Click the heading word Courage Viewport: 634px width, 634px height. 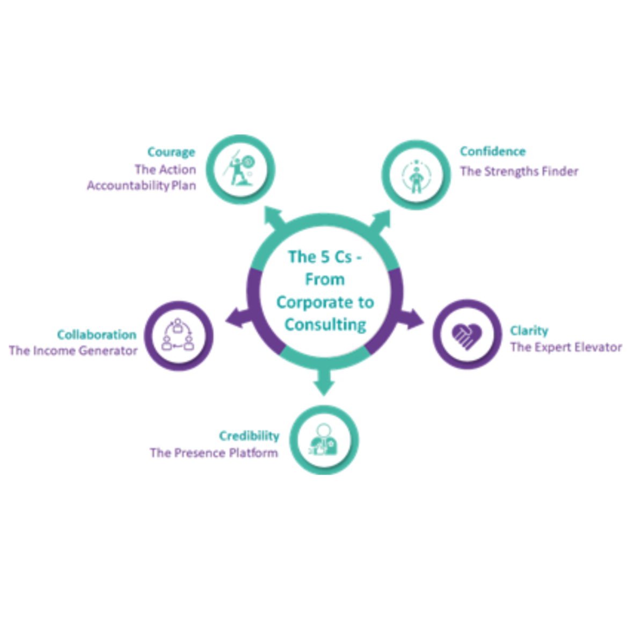171,152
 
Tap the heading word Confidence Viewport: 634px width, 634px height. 492,151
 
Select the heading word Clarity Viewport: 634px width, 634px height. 529,331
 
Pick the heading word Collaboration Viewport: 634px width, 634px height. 97,335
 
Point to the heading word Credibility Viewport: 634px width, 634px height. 249,436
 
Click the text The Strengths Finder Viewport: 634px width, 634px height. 519,172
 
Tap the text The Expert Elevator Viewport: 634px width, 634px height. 566,347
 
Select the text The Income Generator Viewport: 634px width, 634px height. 73,351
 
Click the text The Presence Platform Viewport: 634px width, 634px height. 214,453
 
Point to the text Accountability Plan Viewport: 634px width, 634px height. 141,186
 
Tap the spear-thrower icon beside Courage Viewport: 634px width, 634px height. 240,170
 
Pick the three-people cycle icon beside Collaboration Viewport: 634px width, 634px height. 178,336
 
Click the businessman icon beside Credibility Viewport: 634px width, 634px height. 324,440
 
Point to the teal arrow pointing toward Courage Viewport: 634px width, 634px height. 274,218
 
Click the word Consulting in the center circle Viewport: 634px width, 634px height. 325,325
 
